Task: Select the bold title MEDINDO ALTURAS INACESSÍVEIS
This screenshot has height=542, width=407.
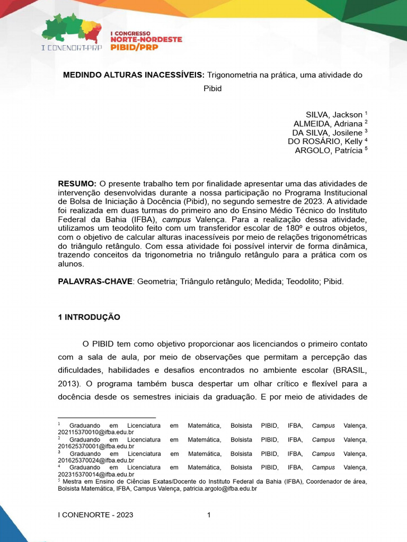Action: (134, 75)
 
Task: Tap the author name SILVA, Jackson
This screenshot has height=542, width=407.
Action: (334, 115)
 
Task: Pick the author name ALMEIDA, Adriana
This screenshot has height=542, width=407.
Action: (328, 124)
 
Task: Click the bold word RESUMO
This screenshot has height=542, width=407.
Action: (77, 183)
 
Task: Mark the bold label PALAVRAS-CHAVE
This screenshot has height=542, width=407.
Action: (95, 282)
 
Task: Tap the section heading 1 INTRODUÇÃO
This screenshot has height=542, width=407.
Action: (89, 318)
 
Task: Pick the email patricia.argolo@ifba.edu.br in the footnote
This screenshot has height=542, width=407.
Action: (220, 489)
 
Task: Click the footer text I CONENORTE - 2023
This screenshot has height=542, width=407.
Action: (95, 515)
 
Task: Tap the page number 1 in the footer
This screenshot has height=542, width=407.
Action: (209, 515)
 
